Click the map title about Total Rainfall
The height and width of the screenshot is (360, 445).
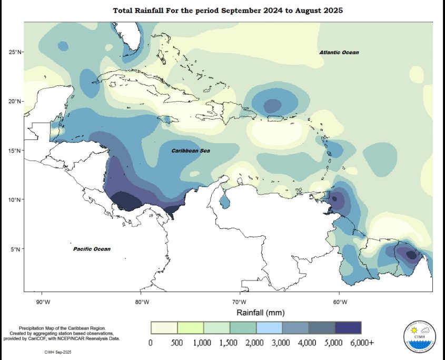[x=228, y=11]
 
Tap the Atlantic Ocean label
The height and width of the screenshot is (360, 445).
[x=339, y=53]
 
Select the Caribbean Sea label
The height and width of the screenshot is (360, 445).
[x=191, y=151]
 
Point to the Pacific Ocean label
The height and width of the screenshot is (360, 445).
[x=92, y=249]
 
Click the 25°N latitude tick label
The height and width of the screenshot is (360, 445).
[x=14, y=52]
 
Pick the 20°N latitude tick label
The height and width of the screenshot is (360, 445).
[x=14, y=101]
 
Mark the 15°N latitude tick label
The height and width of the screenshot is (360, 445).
[x=14, y=151]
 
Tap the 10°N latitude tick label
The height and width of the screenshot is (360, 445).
[x=14, y=199]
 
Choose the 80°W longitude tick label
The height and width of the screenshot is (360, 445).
[x=142, y=302]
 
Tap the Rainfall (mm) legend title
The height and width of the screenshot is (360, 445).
[x=260, y=313]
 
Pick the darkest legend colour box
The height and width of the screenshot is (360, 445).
[x=348, y=327]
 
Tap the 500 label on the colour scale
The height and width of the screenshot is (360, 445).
[x=177, y=343]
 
